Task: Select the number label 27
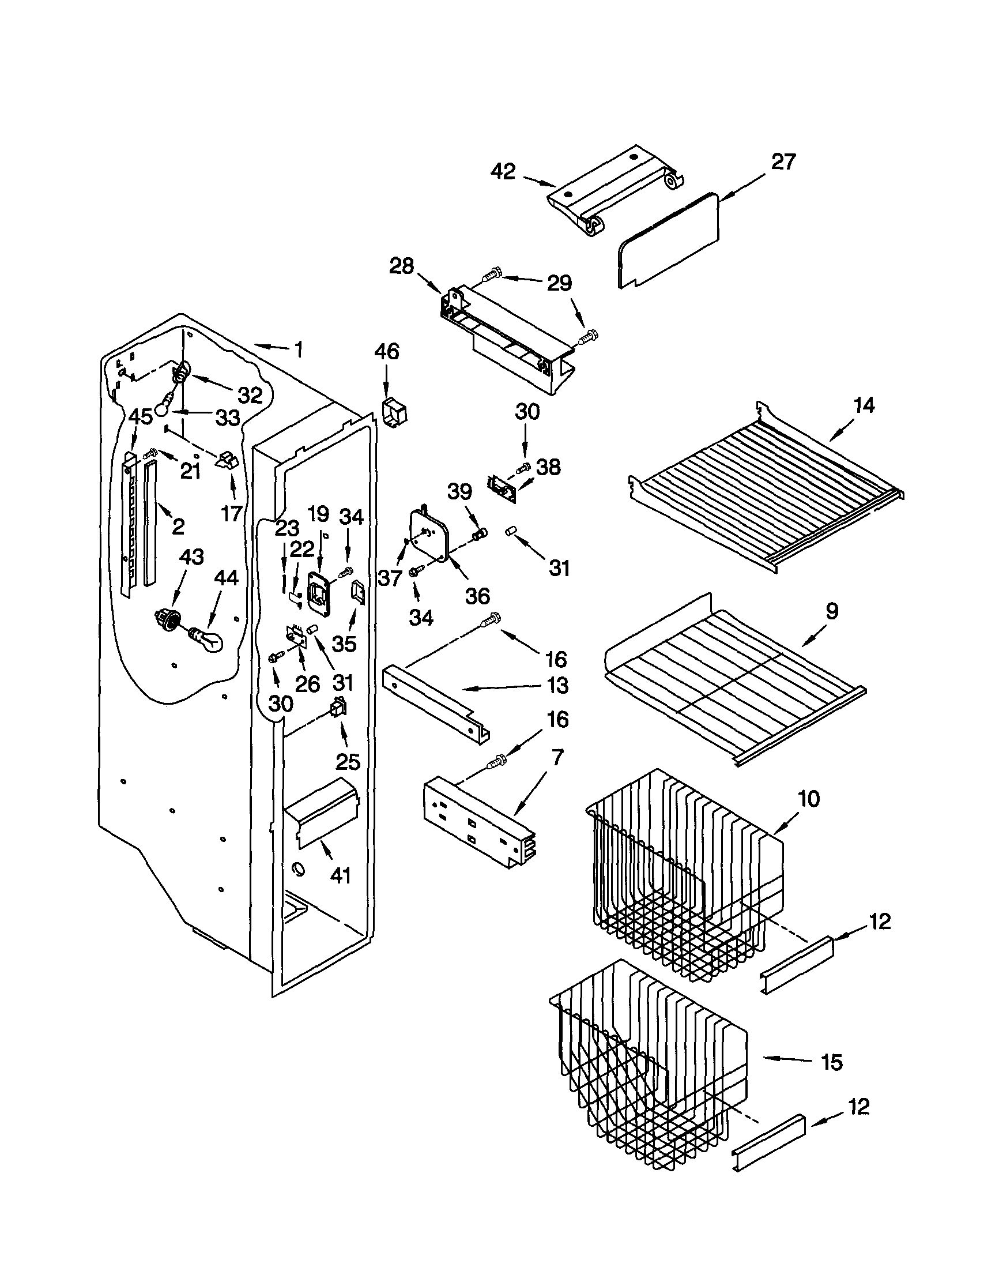pos(783,161)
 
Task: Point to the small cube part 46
pos(395,410)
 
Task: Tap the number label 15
pos(831,1062)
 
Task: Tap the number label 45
pos(140,416)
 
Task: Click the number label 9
pos(831,611)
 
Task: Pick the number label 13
pos(557,685)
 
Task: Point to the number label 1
pos(299,350)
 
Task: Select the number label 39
pos(459,491)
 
